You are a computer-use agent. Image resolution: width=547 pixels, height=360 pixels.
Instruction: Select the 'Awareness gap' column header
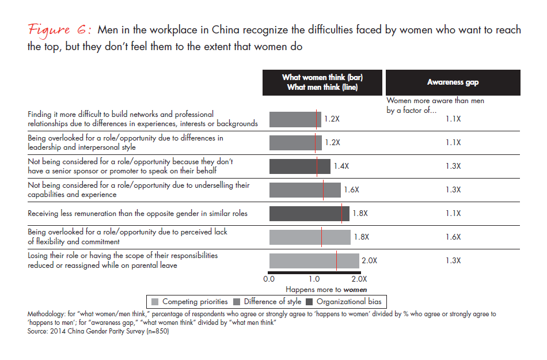click(453, 82)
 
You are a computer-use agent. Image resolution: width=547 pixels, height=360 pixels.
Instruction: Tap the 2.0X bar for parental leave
click(314, 261)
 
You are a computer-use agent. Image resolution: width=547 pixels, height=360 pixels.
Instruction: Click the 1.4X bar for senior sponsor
click(299, 166)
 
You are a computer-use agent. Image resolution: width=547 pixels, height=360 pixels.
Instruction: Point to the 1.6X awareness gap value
click(453, 237)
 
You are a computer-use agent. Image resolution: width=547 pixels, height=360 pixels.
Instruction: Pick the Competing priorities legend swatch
click(154, 301)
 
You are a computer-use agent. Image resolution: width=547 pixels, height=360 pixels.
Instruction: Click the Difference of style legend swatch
click(236, 301)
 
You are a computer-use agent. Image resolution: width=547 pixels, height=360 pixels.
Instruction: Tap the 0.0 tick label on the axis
click(269, 279)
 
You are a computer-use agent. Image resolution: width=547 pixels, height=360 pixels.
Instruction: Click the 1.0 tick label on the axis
click(314, 279)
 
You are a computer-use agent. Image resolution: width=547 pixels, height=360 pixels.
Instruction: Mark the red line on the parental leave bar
click(337, 261)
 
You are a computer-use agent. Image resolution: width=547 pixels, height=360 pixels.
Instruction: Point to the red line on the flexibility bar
click(322, 237)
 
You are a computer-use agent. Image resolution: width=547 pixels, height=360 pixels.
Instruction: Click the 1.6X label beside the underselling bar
click(351, 190)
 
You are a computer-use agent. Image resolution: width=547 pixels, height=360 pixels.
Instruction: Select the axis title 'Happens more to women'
click(326, 289)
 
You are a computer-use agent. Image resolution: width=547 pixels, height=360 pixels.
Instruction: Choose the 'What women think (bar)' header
click(322, 78)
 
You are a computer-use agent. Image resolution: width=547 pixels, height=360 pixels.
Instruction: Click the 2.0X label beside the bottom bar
click(369, 261)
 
